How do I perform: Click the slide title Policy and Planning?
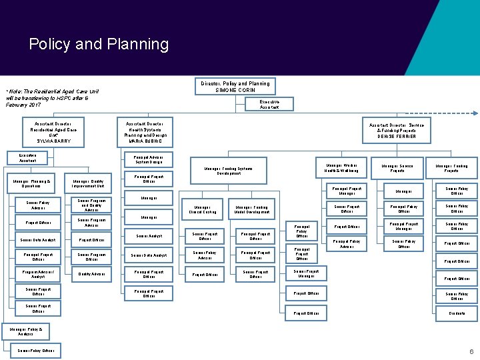99,45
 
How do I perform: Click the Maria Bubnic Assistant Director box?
145,132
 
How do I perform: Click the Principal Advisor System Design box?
149,159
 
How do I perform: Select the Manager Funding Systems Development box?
229,170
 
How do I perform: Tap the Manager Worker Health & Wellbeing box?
341,168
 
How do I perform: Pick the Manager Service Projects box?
397,168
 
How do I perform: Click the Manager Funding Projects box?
451,168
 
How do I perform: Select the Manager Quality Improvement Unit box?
88,183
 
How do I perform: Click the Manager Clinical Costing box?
203,209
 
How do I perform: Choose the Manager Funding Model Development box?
251,209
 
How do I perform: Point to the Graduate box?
457,313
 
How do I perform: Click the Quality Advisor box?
91,273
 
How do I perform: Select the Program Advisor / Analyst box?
38,273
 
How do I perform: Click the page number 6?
471,351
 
